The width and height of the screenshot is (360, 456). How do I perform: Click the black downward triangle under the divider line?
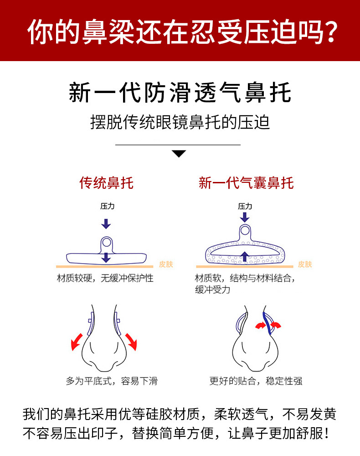click(179, 154)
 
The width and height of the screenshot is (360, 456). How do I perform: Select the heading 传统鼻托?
click(107, 183)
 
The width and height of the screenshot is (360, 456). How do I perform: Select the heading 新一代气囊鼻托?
click(246, 183)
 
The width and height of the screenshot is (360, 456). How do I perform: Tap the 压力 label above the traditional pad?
click(107, 206)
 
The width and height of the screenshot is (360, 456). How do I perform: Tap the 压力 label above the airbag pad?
click(245, 206)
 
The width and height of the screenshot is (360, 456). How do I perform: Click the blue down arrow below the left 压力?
click(106, 223)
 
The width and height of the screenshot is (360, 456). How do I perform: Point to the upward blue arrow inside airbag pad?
click(245, 256)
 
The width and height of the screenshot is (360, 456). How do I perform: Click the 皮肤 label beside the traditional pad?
click(166, 264)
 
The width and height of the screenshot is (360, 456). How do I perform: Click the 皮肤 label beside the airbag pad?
click(305, 264)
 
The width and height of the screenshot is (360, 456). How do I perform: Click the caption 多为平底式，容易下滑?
click(112, 381)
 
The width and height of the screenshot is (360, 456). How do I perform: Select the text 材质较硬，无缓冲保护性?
click(105, 278)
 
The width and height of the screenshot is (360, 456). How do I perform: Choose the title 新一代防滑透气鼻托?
click(180, 93)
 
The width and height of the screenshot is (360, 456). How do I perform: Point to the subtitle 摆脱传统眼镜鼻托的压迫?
click(180, 122)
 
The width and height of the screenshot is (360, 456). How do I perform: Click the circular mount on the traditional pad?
click(106, 242)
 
